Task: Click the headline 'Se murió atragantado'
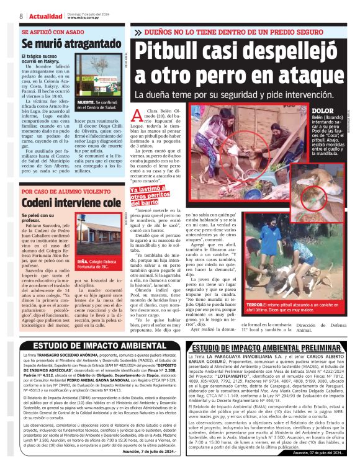(x=70, y=44)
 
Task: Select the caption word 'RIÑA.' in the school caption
(x=84, y=261)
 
